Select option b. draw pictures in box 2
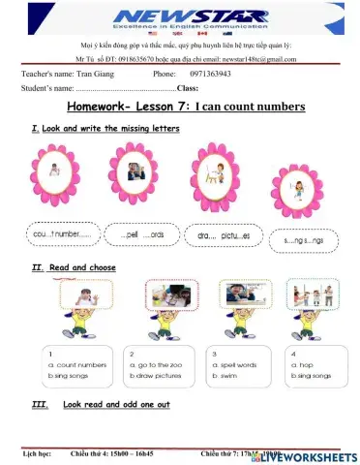click(155, 374)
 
